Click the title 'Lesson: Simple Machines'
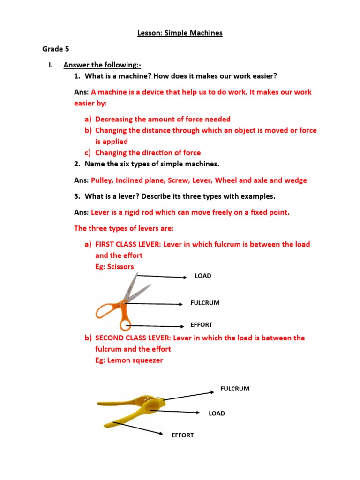click(x=180, y=33)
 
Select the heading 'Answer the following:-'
click(x=102, y=65)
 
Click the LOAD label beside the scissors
click(x=203, y=276)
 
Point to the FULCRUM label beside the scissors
click(x=205, y=303)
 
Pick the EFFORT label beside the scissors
click(x=201, y=324)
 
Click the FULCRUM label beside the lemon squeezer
click(x=235, y=388)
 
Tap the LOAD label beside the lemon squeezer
click(x=217, y=413)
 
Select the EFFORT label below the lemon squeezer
click(x=182, y=435)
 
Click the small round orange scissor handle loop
click(x=125, y=325)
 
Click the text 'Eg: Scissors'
click(x=114, y=266)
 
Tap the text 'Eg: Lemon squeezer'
click(x=129, y=360)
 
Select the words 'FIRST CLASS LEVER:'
click(x=128, y=244)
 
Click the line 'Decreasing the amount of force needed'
click(x=163, y=119)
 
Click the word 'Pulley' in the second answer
click(x=101, y=180)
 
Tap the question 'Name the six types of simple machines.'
click(x=152, y=164)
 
